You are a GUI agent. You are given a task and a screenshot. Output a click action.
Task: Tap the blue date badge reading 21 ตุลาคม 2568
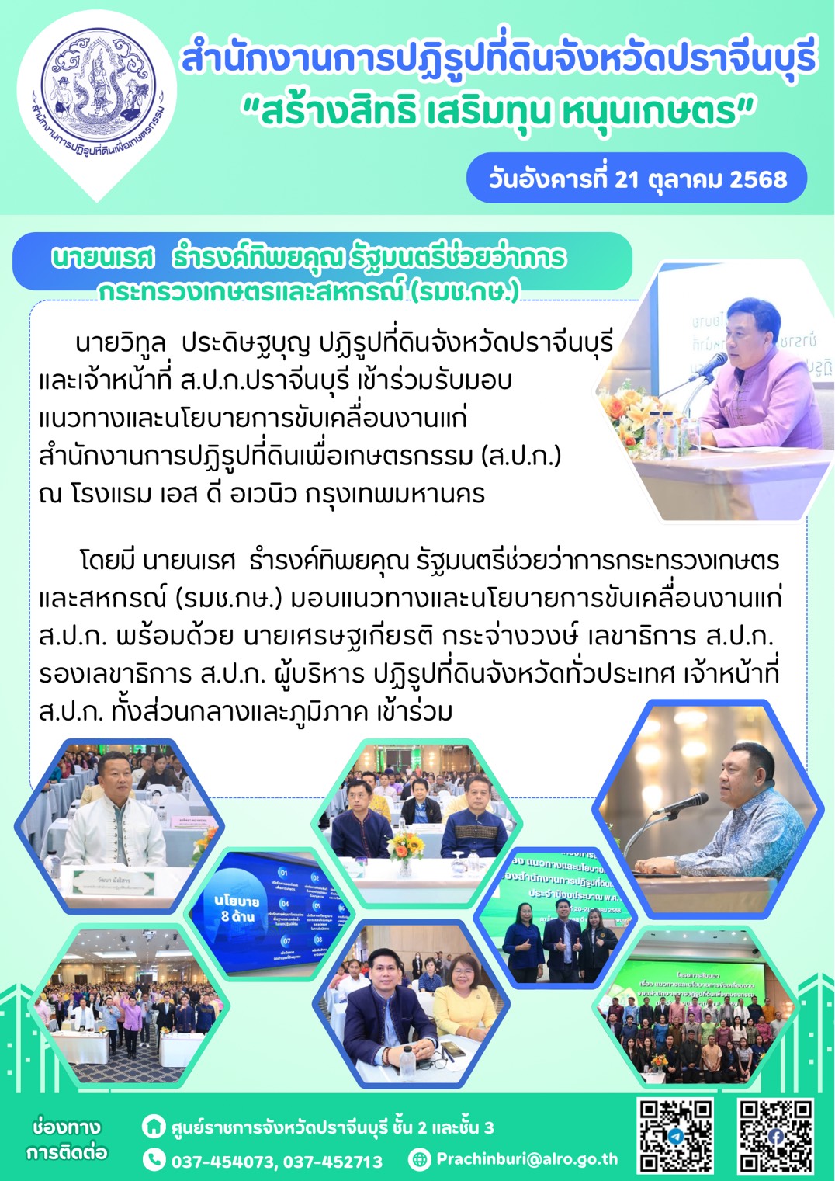pos(637,179)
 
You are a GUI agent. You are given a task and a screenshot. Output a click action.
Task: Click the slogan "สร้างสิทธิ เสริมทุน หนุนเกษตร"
pos(498,111)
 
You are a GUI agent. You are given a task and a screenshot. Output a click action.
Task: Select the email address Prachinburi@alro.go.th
pos(527,1159)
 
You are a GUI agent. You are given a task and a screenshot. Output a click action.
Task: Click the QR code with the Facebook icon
pos(775,1135)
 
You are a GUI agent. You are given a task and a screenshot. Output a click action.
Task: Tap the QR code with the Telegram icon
pos(676,1135)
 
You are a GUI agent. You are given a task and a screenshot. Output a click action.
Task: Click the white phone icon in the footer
pos(154,1160)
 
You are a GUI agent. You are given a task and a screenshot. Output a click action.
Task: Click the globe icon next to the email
pos(420,1159)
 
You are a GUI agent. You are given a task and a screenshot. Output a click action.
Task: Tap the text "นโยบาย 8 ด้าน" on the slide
pos(237,908)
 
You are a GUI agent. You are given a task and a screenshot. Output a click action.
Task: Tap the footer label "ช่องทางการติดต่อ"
pos(66,1139)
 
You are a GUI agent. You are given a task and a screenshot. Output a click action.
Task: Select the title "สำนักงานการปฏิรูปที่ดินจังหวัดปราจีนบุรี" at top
pos(498,59)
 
